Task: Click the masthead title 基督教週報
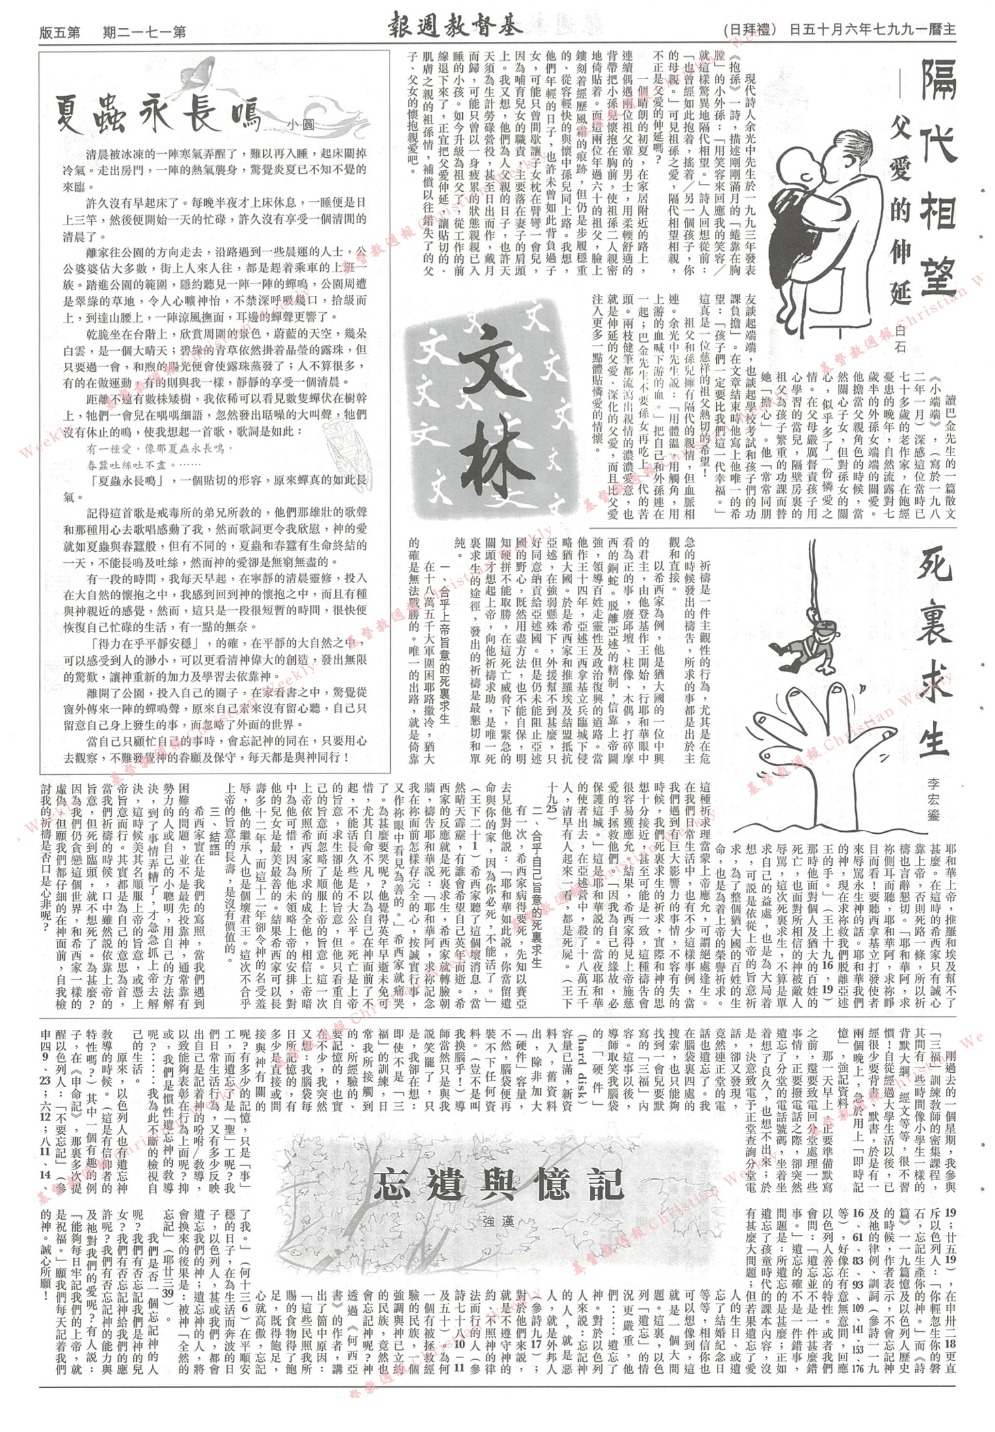point(447,27)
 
